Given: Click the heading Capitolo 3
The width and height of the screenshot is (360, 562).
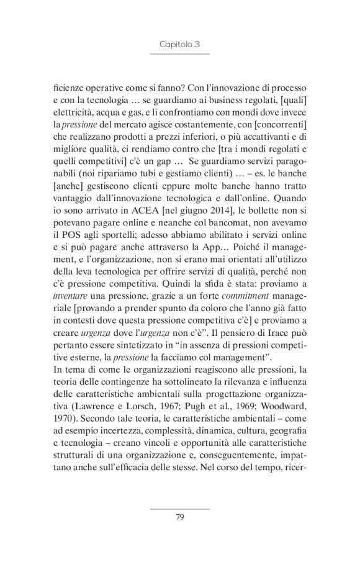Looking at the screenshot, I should tap(179, 45).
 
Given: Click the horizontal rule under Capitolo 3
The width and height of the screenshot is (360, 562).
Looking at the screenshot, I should tap(179, 55).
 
